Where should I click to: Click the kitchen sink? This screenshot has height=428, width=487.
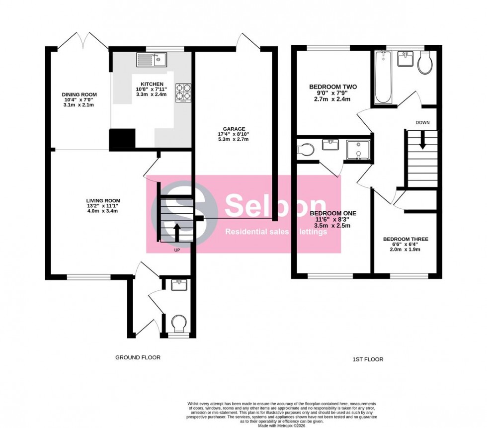click(153, 61)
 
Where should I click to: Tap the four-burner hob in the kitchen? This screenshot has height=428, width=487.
click(183, 92)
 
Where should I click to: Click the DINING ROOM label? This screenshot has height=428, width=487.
click(79, 94)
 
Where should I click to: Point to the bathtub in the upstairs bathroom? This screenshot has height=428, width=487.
click(383, 77)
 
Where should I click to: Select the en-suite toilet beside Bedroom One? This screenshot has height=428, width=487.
click(304, 148)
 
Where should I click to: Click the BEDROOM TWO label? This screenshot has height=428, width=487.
click(332, 87)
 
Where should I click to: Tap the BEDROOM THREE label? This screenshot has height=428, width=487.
click(406, 239)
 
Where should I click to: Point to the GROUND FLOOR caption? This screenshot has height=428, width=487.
click(138, 357)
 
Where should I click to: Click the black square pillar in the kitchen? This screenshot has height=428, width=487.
click(122, 139)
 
